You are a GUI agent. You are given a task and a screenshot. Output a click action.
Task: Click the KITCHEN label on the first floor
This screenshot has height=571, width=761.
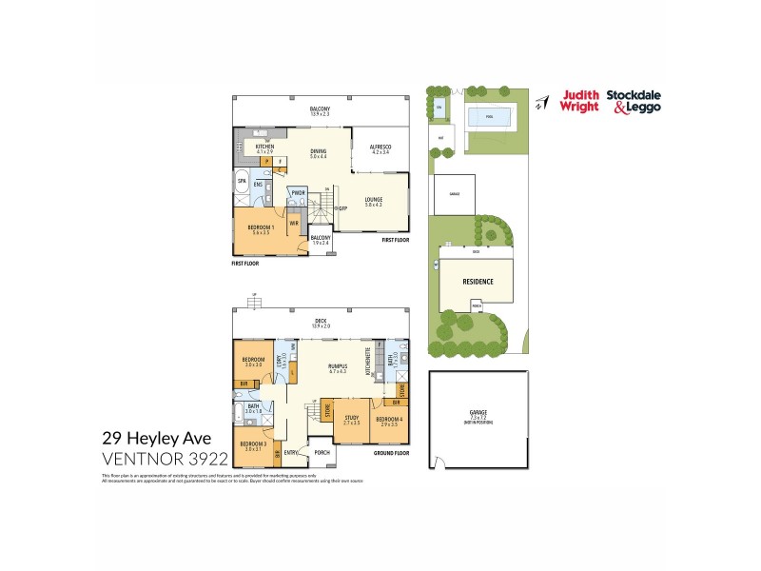tap(264, 146)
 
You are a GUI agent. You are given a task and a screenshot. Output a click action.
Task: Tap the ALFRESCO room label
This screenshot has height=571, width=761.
tap(380, 146)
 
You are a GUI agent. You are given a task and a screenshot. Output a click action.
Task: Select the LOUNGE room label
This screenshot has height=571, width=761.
tap(372, 199)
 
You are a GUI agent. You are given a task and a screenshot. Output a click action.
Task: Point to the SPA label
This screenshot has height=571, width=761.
tap(242, 180)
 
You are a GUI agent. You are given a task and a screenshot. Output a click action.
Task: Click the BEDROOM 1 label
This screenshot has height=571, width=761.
tap(261, 227)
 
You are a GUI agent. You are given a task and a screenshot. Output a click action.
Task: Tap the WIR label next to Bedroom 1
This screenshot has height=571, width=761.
tap(294, 223)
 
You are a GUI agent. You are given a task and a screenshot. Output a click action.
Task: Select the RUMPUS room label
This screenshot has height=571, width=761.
tap(337, 365)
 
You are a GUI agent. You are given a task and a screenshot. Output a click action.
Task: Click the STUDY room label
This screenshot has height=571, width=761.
tap(351, 417)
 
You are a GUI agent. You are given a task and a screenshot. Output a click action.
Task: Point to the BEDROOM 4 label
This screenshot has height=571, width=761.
tap(388, 419)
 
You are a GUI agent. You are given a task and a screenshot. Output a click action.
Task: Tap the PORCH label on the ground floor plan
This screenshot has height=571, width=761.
tap(322, 452)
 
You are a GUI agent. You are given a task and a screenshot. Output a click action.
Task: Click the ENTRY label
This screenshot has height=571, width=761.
tap(290, 452)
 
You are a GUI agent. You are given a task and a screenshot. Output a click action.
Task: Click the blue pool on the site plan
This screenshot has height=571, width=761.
tap(489, 117)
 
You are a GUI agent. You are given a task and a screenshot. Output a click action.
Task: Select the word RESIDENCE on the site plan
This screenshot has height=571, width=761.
tap(478, 282)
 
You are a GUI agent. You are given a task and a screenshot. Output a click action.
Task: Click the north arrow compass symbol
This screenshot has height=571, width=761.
tap(539, 102)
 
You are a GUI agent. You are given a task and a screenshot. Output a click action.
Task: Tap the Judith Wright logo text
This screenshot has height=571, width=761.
tap(580, 100)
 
